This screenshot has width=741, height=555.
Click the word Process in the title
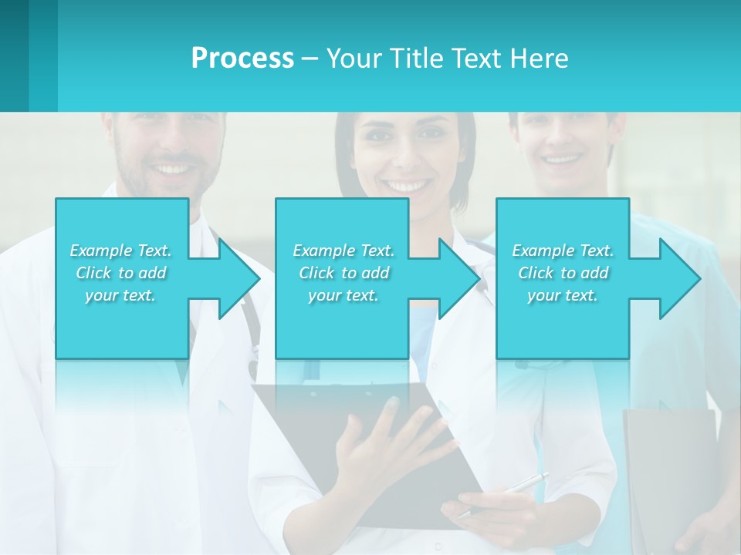click(x=242, y=59)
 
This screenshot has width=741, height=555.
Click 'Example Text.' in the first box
click(x=121, y=251)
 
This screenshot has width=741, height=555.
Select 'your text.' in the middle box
click(x=343, y=295)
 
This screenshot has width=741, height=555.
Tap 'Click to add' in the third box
click(x=563, y=273)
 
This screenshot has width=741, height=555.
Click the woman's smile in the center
click(x=408, y=186)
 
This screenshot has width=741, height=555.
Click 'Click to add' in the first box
click(x=121, y=273)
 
